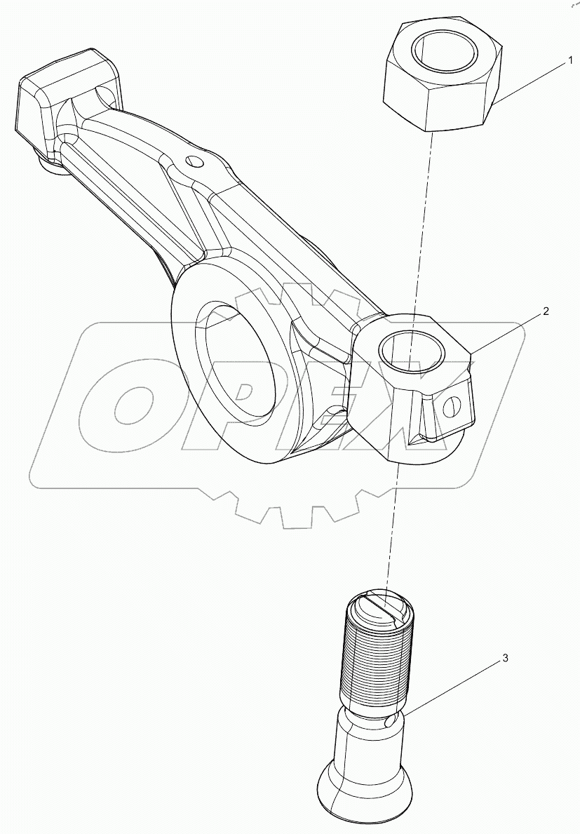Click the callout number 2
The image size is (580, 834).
(546, 311)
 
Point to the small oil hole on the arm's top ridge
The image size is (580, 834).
(196, 162)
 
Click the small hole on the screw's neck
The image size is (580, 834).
(390, 721)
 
